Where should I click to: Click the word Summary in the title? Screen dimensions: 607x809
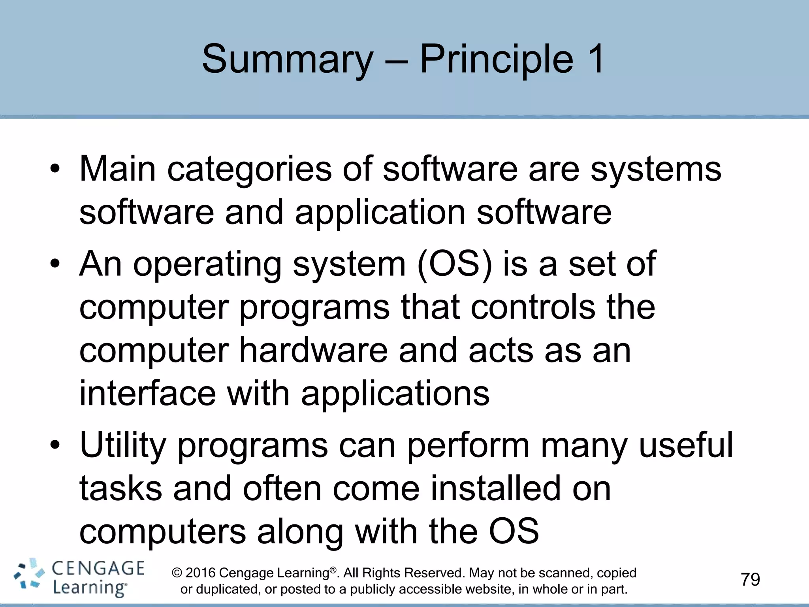287,59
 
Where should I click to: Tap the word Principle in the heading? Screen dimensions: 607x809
496,59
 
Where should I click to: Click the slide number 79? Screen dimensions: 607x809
750,580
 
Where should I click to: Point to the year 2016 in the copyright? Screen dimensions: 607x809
200,573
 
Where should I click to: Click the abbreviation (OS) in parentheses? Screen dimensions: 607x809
455,264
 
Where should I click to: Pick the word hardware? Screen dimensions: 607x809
313,351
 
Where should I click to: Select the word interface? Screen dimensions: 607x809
147,394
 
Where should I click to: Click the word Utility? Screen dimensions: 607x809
123,445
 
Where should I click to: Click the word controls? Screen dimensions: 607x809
532,307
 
